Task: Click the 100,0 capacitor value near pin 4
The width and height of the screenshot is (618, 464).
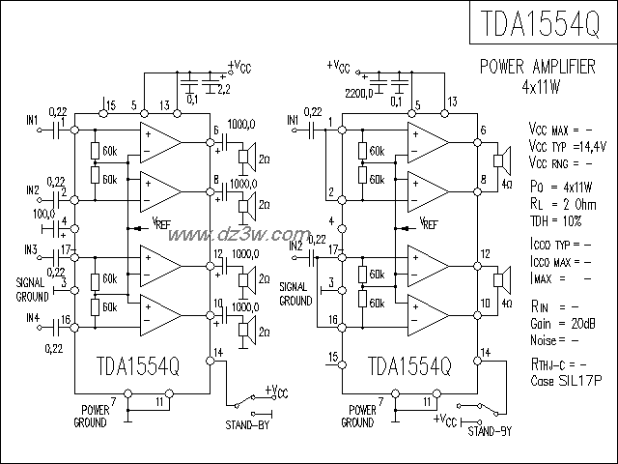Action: (x=44, y=213)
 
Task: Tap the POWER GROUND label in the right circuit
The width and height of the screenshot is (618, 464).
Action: (x=357, y=417)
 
